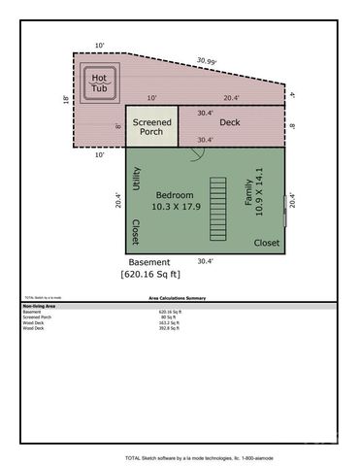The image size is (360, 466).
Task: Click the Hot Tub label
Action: click(99, 83)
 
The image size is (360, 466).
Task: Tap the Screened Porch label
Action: click(151, 126)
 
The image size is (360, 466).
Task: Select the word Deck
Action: click(229, 122)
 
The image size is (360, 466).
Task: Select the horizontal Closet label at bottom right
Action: click(267, 243)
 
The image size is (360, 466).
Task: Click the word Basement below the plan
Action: click(149, 262)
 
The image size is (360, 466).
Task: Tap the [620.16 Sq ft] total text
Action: click(158, 275)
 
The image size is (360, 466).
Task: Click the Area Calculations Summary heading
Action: click(180, 299)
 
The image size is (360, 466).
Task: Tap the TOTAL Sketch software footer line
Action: click(180, 456)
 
